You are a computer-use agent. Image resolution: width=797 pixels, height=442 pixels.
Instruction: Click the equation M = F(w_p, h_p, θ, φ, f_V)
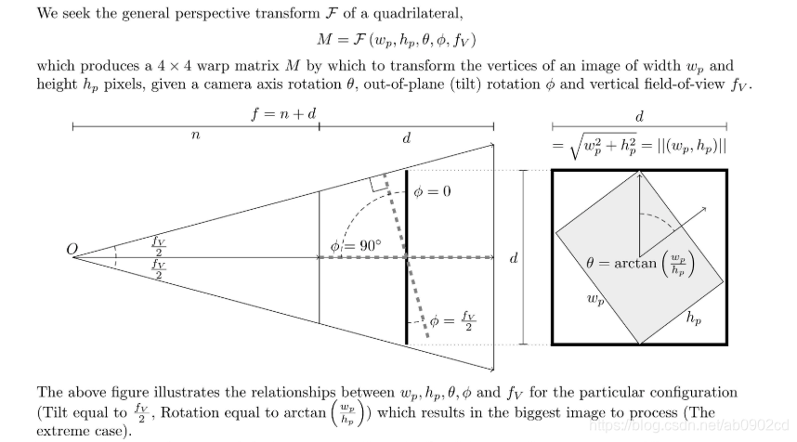[398, 41]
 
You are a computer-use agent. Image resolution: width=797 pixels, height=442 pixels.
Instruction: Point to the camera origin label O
[71, 249]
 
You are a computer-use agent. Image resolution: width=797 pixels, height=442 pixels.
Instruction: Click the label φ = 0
[434, 192]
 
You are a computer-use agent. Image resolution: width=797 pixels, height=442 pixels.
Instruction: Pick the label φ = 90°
[356, 246]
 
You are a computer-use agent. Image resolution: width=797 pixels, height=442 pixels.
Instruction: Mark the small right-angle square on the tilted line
[378, 182]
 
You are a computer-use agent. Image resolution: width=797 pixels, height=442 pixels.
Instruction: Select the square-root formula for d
[638, 146]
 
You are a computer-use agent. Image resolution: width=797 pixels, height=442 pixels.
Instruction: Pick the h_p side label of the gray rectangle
[693, 318]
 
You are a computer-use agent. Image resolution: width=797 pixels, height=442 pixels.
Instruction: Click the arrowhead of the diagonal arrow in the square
[705, 209]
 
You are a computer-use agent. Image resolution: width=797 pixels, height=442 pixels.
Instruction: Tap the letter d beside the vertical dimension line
[513, 258]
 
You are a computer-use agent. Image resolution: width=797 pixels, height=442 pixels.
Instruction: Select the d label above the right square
[639, 117]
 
